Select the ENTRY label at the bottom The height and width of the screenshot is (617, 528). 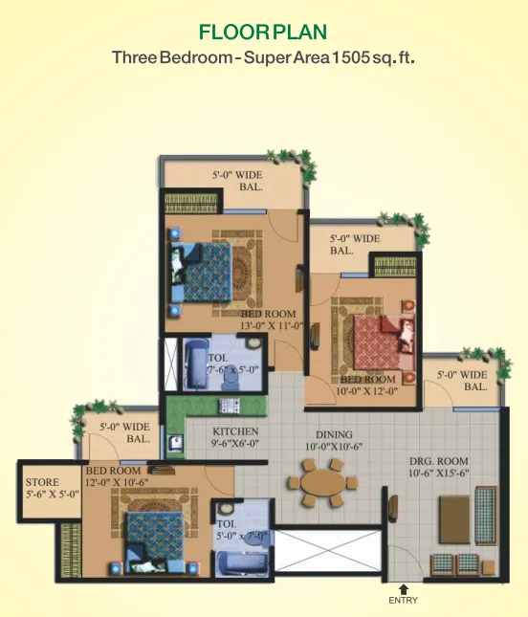click(404, 601)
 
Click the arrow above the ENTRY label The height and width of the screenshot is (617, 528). click(404, 588)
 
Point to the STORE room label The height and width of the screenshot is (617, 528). click(43, 482)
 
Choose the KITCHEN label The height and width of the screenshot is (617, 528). click(235, 431)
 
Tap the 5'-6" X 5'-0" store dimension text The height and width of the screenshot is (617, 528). click(44, 495)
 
